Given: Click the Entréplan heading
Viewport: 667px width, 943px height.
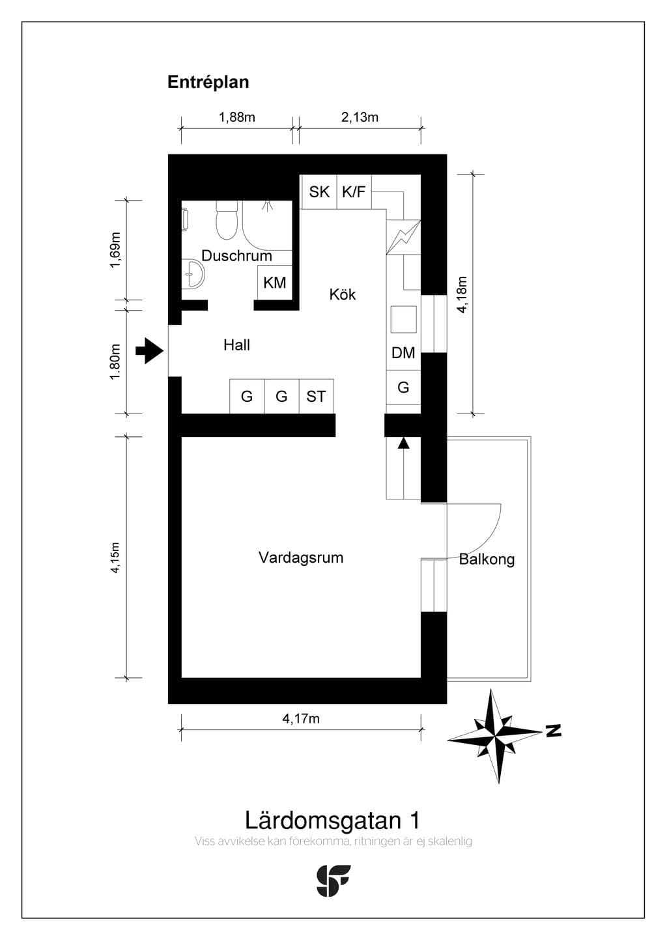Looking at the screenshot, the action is click(x=208, y=82).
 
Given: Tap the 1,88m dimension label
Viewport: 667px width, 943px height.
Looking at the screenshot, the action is click(x=236, y=117).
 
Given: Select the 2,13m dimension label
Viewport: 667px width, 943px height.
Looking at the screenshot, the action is click(x=360, y=117).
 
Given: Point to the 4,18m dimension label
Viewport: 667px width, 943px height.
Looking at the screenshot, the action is click(x=462, y=294).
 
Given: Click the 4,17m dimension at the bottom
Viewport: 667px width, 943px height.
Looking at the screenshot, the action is click(x=301, y=718).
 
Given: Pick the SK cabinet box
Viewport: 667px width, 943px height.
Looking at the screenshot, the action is click(x=319, y=192).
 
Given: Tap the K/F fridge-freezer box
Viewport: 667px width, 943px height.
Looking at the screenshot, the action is click(x=354, y=192).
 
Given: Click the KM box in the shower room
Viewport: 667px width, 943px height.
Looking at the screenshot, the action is click(x=274, y=283).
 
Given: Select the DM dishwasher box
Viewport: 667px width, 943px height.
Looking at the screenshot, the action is click(x=403, y=353).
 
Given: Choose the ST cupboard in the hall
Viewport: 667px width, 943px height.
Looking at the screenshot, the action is click(x=316, y=396).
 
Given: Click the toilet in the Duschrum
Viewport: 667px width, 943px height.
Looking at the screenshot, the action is click(x=227, y=220).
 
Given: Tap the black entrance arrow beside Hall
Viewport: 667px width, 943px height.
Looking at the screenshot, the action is click(x=149, y=350).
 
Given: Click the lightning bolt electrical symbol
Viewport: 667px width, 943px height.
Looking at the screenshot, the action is click(x=403, y=237).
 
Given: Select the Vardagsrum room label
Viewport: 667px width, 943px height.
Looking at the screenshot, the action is click(x=301, y=557).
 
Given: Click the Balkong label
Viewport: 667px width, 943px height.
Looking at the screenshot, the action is click(x=487, y=559).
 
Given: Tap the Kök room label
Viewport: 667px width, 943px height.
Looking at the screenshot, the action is click(x=343, y=294).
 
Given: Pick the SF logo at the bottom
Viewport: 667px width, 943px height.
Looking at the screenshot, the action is click(x=333, y=880).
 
